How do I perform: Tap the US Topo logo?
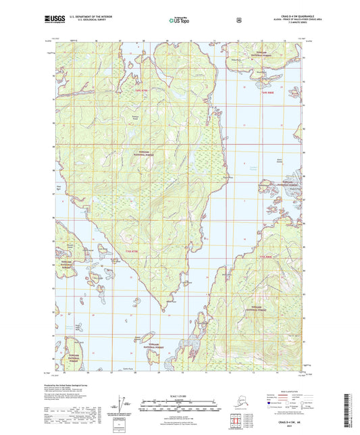pyautogui.click(x=180, y=20)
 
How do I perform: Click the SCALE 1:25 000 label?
pyautogui.click(x=180, y=395)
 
